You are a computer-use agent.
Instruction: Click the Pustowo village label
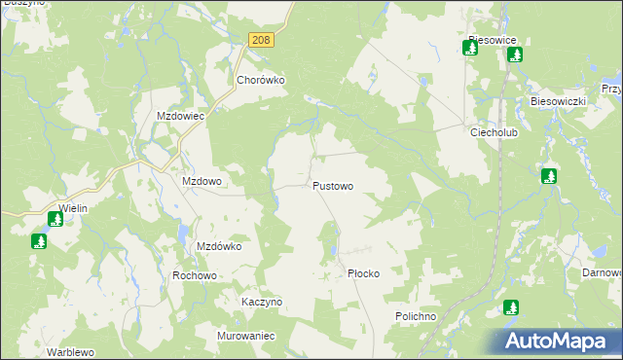(333, 185)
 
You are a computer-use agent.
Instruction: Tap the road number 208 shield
(260, 40)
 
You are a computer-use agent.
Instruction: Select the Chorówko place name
(260, 81)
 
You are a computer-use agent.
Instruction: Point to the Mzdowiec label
(180, 116)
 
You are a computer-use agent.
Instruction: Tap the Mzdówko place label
(219, 247)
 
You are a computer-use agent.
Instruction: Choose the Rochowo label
(194, 275)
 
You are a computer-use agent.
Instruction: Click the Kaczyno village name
(262, 302)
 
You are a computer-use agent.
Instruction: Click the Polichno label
(420, 317)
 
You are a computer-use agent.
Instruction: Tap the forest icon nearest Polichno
(511, 307)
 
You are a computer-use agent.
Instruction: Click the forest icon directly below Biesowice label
(470, 48)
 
